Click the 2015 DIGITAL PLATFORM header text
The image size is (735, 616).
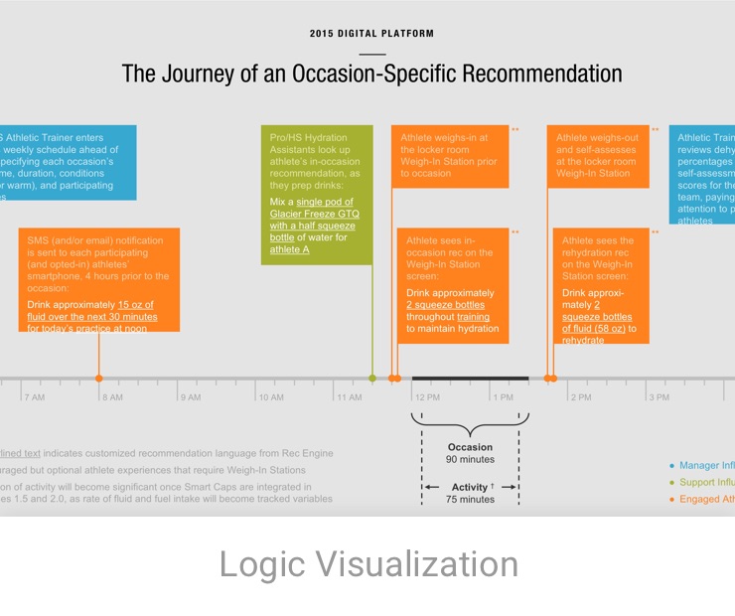(x=371, y=34)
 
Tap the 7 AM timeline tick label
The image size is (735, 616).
(x=35, y=397)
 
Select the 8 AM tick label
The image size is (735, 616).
(x=111, y=397)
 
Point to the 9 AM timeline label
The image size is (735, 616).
(x=189, y=397)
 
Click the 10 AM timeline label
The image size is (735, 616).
(x=270, y=397)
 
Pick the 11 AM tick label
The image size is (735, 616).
(x=349, y=397)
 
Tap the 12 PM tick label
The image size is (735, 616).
(x=427, y=397)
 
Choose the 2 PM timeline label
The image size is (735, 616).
(x=580, y=397)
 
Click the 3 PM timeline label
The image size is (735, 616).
(x=658, y=397)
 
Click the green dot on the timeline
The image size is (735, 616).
(x=372, y=379)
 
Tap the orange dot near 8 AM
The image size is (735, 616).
(x=98, y=379)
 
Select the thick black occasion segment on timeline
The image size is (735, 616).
(x=470, y=379)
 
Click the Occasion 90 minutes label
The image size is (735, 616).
(x=470, y=453)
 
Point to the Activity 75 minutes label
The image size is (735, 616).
(x=470, y=493)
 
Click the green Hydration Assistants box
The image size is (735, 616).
(x=317, y=194)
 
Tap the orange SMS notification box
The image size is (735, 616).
(x=99, y=279)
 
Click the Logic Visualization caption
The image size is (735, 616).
(x=368, y=564)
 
